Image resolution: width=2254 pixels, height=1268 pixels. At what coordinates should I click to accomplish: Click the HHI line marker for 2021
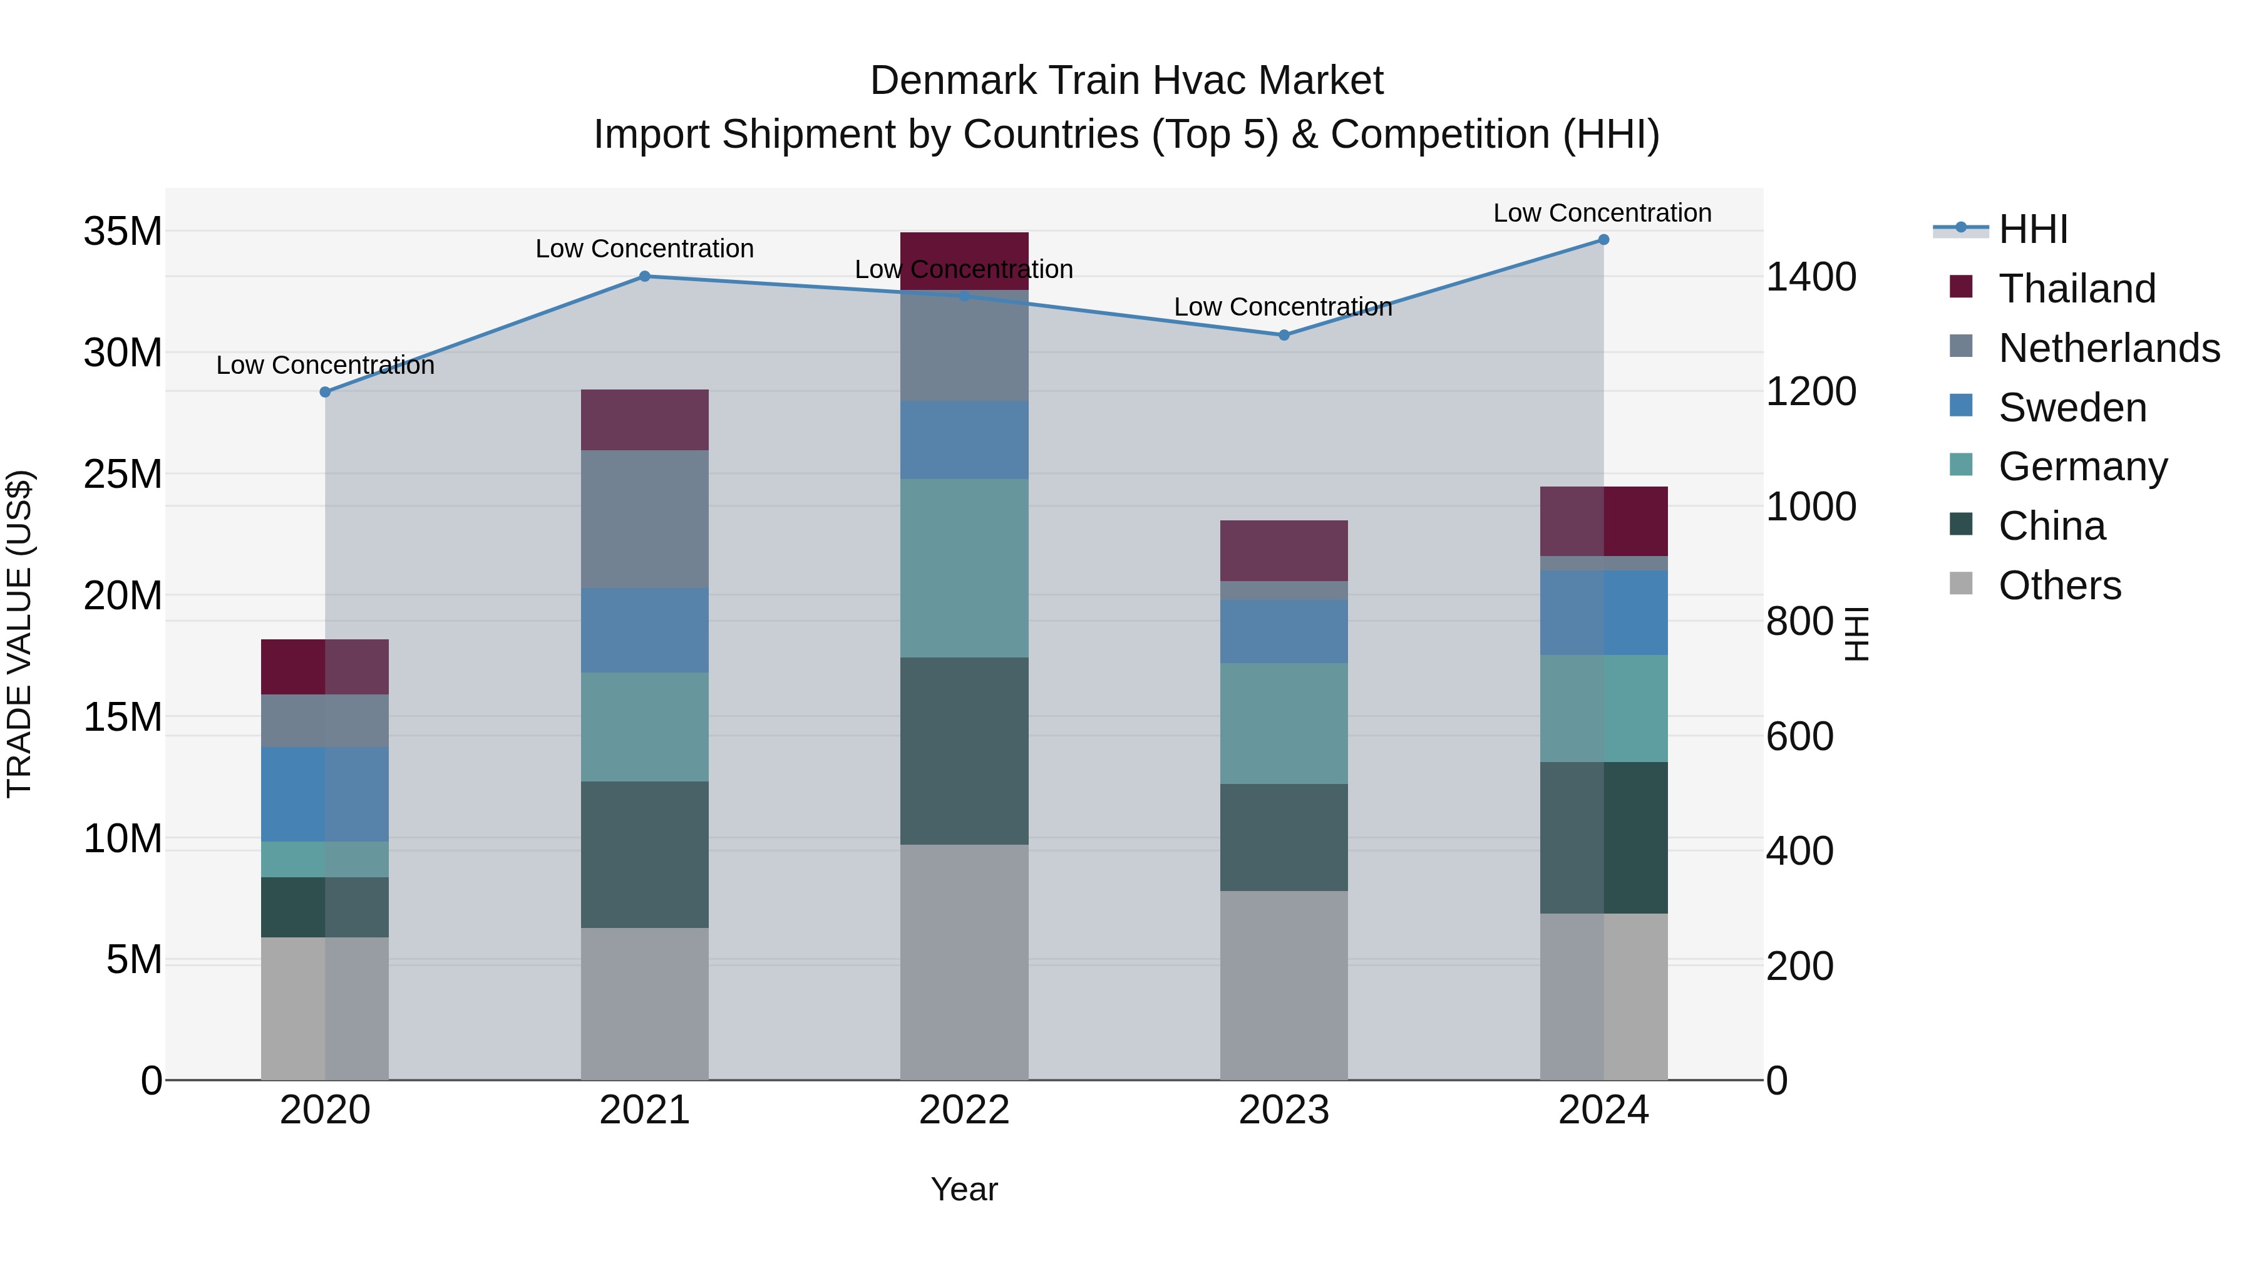[644, 277]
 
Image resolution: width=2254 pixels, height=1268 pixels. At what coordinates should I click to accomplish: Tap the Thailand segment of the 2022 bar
[964, 260]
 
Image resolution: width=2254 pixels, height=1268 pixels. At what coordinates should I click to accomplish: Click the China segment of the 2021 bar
[644, 854]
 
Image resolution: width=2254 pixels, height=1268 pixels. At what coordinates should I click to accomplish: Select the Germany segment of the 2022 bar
[964, 568]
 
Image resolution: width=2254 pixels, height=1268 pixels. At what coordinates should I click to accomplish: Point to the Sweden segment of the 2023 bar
[1284, 631]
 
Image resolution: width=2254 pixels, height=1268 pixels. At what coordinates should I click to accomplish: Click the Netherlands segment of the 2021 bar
[644, 519]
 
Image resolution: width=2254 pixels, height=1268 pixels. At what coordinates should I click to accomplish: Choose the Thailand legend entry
[2076, 289]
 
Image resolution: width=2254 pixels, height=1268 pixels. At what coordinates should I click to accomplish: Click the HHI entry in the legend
[2032, 229]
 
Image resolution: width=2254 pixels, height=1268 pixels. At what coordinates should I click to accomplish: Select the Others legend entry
[2059, 585]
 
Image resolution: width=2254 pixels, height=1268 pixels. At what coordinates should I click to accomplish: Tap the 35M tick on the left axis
[123, 232]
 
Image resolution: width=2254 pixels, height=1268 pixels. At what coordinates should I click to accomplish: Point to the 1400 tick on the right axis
[1810, 277]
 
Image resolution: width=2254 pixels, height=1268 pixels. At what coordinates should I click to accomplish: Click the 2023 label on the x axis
[1284, 1110]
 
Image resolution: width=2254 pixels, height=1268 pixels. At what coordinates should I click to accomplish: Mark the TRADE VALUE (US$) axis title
[20, 634]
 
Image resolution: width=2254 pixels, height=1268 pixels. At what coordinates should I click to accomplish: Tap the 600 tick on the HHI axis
[1799, 737]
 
